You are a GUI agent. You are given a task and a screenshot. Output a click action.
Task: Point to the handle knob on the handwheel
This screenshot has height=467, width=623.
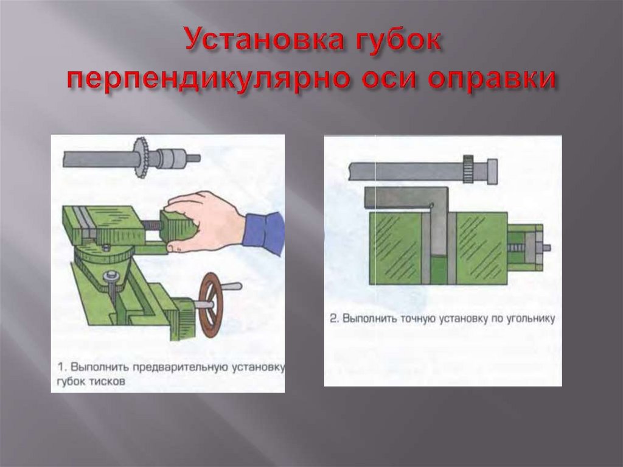click(x=232, y=286)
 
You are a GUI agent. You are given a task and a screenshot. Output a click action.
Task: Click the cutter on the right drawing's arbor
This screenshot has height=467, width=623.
click(x=468, y=170)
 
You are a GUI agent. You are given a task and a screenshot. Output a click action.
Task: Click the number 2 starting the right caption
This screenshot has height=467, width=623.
click(x=334, y=319)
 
